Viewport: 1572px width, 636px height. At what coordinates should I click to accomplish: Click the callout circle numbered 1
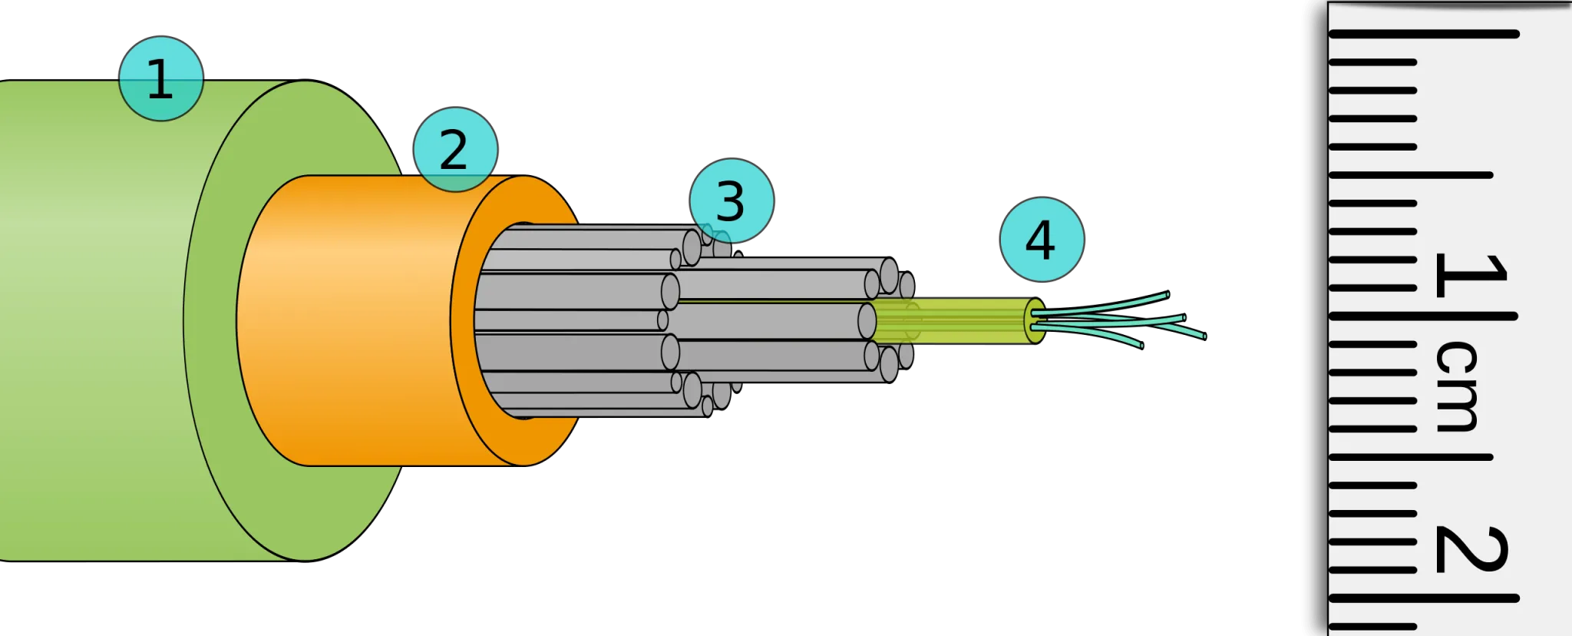pyautogui.click(x=160, y=79)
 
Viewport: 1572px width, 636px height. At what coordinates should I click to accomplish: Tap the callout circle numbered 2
pyautogui.click(x=454, y=150)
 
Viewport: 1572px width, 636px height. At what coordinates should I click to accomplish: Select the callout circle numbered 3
pyautogui.click(x=731, y=201)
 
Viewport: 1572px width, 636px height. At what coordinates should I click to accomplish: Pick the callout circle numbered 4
pyautogui.click(x=1042, y=240)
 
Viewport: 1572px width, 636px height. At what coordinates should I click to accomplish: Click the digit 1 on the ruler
pyautogui.click(x=1469, y=275)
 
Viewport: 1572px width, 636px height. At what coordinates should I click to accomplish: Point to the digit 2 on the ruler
pyautogui.click(x=1469, y=550)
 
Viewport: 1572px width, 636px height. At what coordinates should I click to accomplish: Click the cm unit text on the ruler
pyautogui.click(x=1456, y=386)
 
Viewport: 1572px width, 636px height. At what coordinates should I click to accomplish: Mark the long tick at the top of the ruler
pyautogui.click(x=1424, y=34)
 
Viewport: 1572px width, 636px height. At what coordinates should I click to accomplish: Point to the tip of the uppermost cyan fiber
pyautogui.click(x=1167, y=294)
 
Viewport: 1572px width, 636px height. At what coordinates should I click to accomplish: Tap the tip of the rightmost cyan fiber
pyautogui.click(x=1204, y=336)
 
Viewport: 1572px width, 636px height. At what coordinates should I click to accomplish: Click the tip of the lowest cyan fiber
pyautogui.click(x=1141, y=346)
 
